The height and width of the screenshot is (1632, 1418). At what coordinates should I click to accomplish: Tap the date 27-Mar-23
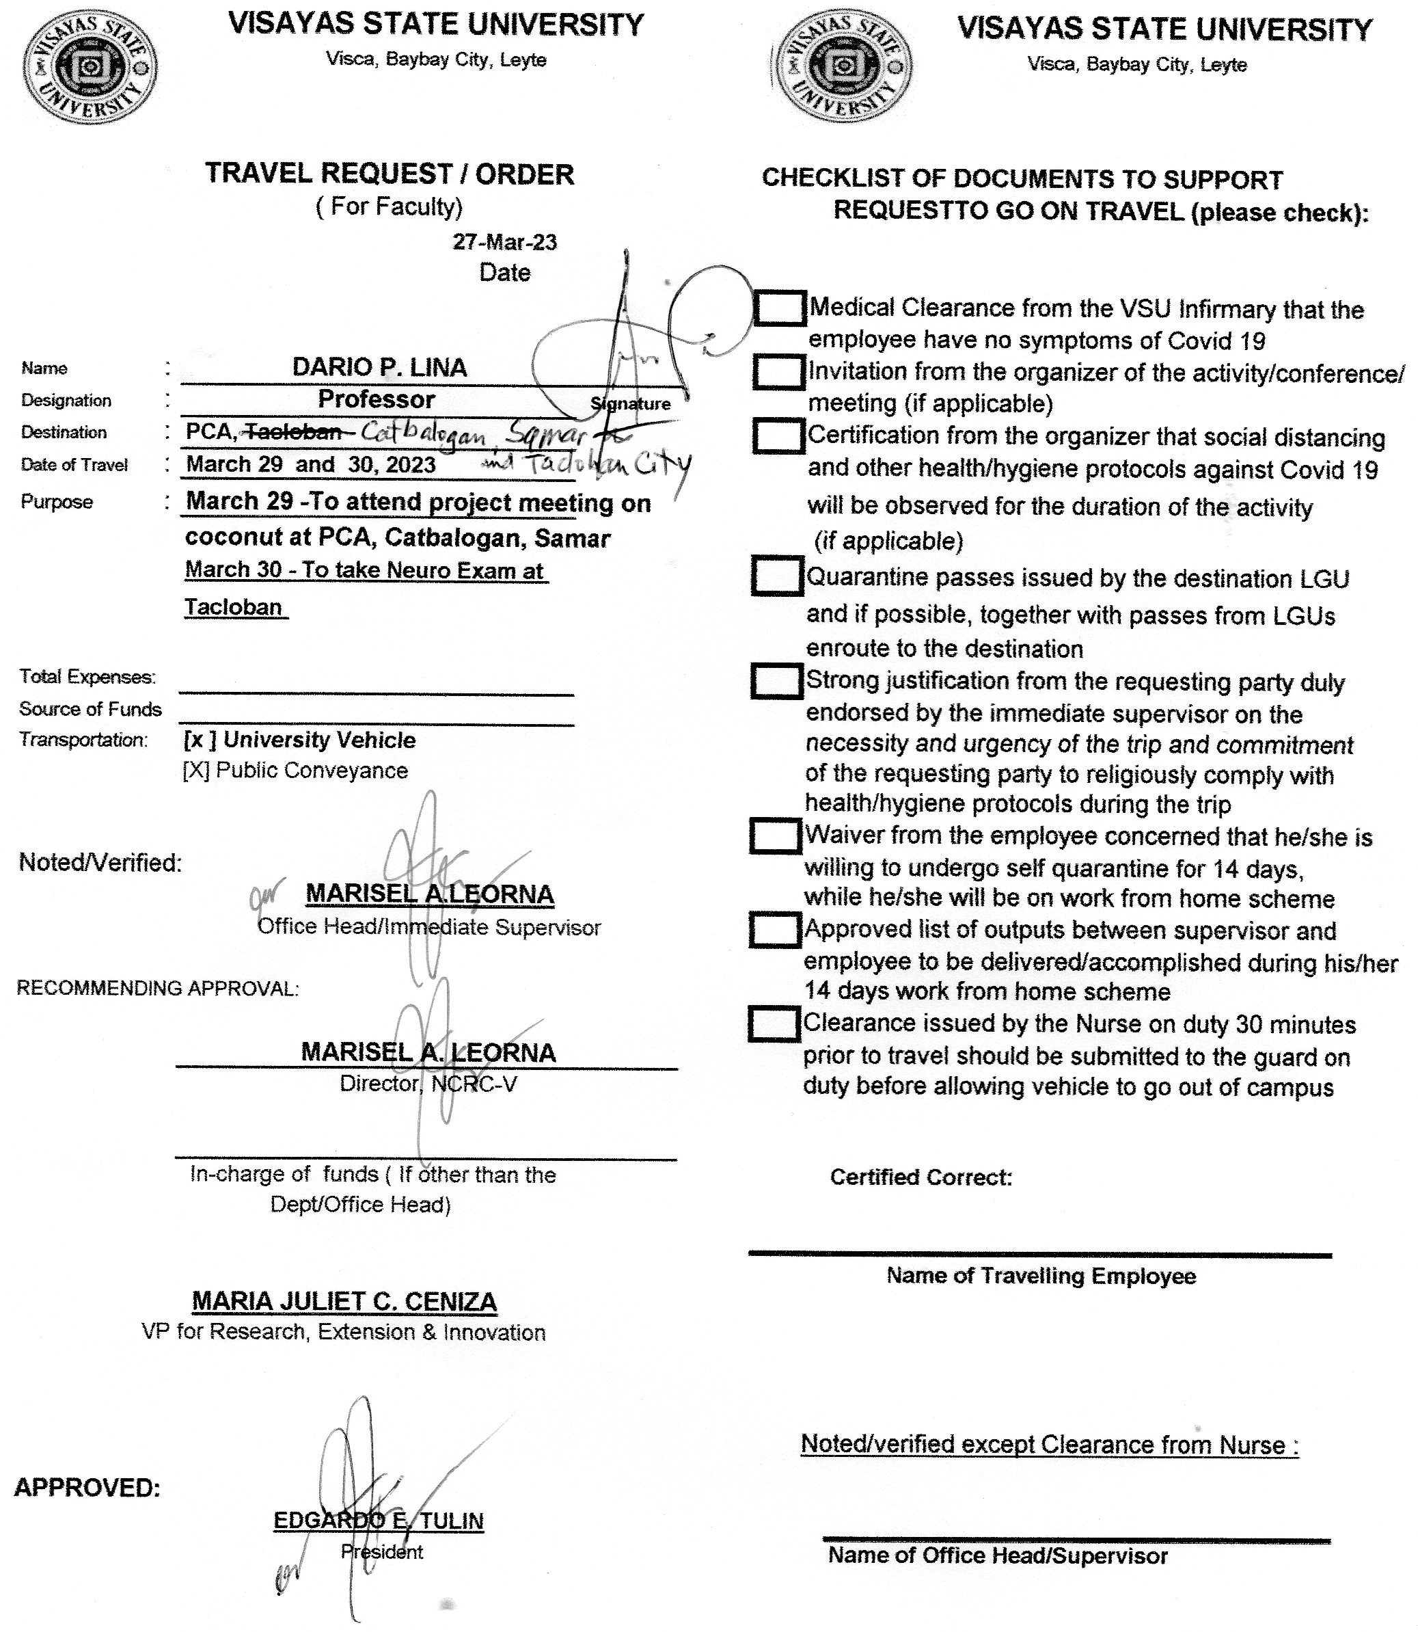click(504, 242)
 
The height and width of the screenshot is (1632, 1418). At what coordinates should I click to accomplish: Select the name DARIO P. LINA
click(379, 367)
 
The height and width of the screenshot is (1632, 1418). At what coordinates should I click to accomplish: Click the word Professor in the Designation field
click(376, 400)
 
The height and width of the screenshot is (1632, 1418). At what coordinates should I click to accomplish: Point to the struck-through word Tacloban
click(292, 431)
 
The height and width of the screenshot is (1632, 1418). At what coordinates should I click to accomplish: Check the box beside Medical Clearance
click(780, 308)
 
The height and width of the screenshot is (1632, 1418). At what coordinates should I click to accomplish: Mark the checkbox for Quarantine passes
click(777, 576)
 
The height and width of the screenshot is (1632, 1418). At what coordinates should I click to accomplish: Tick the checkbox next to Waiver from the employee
click(776, 835)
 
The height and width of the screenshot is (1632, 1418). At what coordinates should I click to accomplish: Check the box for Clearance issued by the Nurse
click(774, 1024)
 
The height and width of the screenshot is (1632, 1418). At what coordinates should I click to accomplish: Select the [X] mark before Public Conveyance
click(195, 770)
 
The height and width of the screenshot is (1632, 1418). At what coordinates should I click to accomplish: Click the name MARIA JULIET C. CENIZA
click(344, 1301)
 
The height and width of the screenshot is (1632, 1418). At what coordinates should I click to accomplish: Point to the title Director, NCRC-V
click(428, 1084)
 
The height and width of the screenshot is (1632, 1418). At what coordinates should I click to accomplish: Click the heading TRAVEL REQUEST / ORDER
click(390, 174)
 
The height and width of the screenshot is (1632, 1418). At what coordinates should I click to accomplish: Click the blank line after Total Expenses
click(376, 686)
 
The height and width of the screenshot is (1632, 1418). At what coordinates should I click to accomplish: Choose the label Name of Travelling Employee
click(1041, 1276)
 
